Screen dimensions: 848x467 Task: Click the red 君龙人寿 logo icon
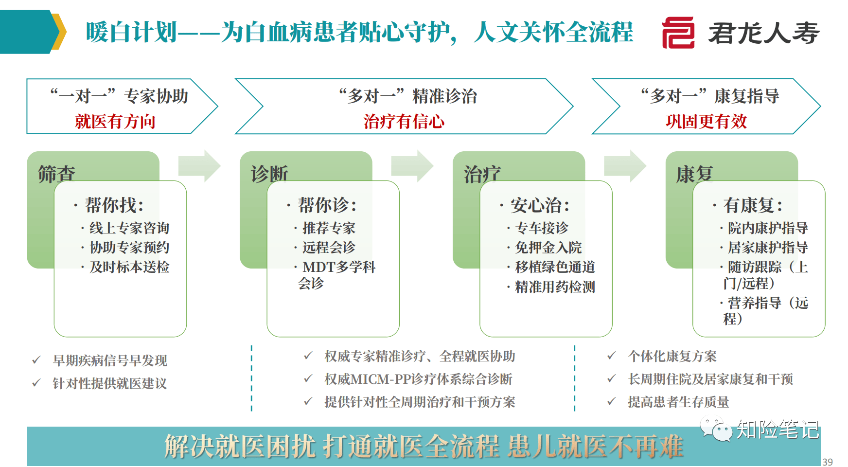pos(678,33)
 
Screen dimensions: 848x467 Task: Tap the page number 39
pos(828,462)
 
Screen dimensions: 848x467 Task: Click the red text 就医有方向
pos(115,121)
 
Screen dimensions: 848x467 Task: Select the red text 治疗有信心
pos(404,121)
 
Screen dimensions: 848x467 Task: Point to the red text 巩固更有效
pos(707,121)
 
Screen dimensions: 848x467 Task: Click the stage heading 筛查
pos(56,174)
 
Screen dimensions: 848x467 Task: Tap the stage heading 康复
pos(694,174)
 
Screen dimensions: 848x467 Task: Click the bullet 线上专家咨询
pos(129,228)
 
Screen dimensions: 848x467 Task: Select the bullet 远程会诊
pos(329,247)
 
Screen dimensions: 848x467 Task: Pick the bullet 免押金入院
pos(548,247)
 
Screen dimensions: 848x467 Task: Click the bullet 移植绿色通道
pos(555,267)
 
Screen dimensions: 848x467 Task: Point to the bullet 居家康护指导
pos(768,247)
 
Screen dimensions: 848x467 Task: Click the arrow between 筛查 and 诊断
pos(199,166)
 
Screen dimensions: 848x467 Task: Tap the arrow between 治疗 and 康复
pos(625,166)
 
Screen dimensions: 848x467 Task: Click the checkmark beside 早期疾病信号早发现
pos(36,360)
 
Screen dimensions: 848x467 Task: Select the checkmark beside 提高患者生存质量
pos(612,401)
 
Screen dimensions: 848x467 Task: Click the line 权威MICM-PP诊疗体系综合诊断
pos(418,379)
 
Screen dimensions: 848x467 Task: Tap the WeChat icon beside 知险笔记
pos(716,429)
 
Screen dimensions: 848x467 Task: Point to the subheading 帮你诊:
pos(327,205)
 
